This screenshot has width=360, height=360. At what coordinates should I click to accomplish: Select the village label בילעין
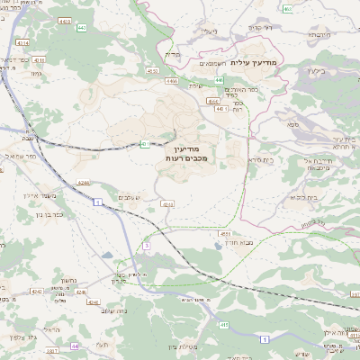coord(316,69)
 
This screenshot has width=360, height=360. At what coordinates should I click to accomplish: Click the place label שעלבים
coord(128,196)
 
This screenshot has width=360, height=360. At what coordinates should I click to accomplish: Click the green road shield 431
coord(144,143)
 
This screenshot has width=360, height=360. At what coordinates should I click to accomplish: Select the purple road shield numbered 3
coord(145,245)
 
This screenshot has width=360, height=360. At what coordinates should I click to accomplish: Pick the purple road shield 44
coord(75,346)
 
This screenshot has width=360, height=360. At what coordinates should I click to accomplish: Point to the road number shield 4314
coord(22,41)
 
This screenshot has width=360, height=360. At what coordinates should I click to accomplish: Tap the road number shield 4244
coord(82,184)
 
